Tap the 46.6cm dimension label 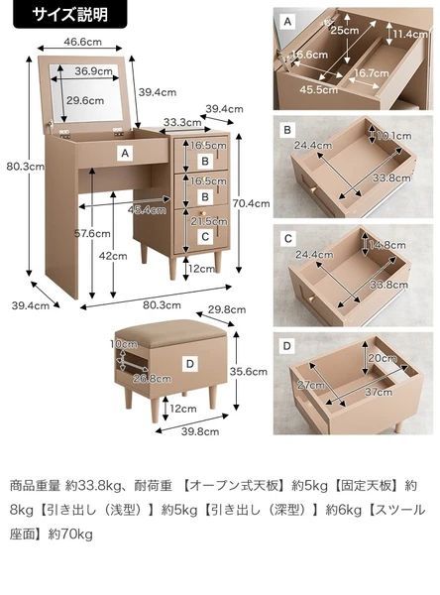click(85, 43)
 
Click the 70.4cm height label click(252, 203)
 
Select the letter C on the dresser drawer click(205, 237)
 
